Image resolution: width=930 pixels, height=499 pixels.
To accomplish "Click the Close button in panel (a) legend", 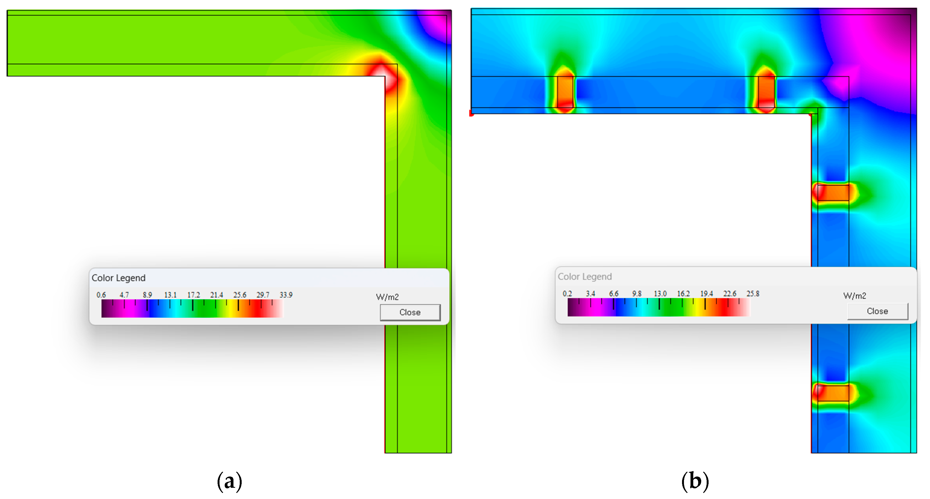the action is (x=410, y=312).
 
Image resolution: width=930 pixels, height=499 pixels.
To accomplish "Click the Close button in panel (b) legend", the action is (x=877, y=311).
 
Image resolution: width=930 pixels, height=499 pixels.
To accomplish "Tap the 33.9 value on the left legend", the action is (x=286, y=295).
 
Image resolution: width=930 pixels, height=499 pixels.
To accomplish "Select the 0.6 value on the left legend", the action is (x=101, y=295).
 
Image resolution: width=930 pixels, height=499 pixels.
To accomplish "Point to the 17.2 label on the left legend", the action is (x=193, y=295).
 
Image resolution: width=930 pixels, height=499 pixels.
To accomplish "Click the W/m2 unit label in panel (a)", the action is (x=387, y=297).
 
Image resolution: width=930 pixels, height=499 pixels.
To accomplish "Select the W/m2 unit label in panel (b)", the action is (x=854, y=296).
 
